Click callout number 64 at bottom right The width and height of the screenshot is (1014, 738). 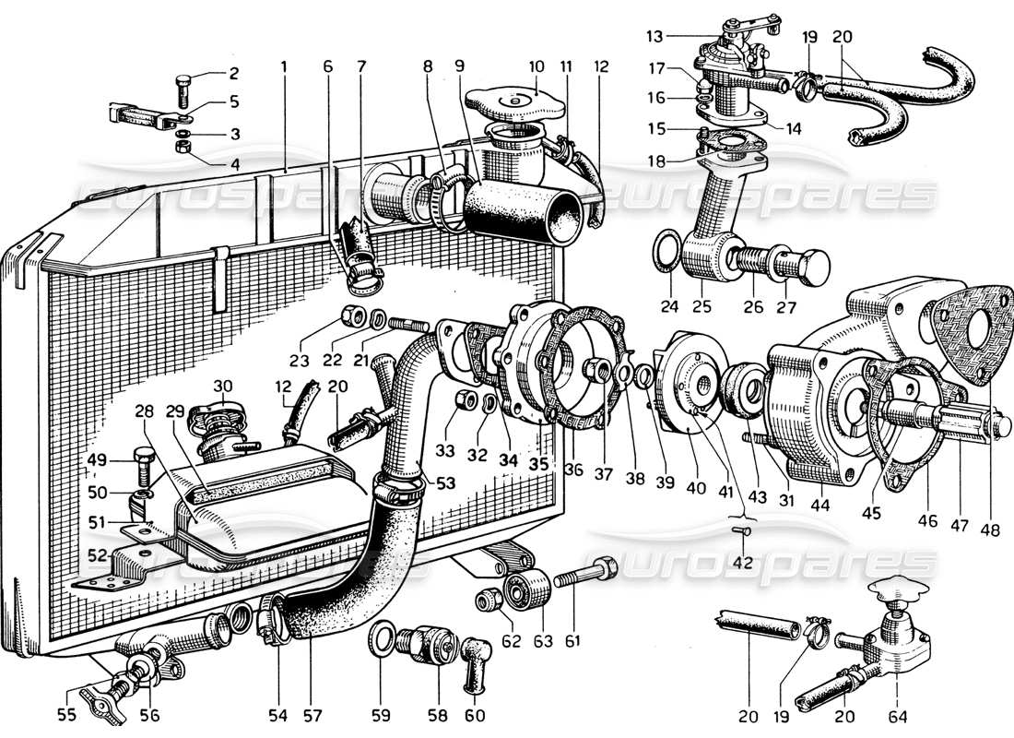pos(899,715)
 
